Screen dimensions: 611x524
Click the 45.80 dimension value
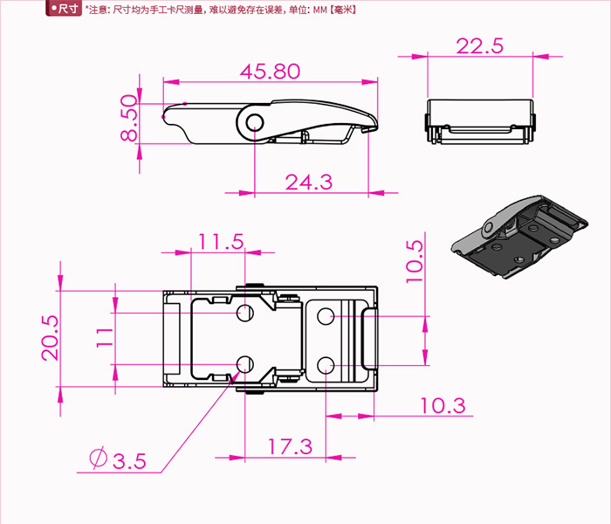[x=270, y=72]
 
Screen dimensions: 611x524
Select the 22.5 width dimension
[x=480, y=46]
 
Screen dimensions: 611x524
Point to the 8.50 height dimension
[x=129, y=118]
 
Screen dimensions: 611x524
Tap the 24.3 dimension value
[x=309, y=182]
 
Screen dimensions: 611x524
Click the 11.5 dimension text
[x=221, y=242]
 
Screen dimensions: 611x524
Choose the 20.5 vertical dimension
[x=51, y=338]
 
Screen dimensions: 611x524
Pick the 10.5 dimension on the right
[x=415, y=262]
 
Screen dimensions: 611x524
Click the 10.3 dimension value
[x=443, y=405]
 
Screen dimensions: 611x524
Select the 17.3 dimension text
[x=291, y=446]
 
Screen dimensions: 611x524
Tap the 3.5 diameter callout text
[x=129, y=461]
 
